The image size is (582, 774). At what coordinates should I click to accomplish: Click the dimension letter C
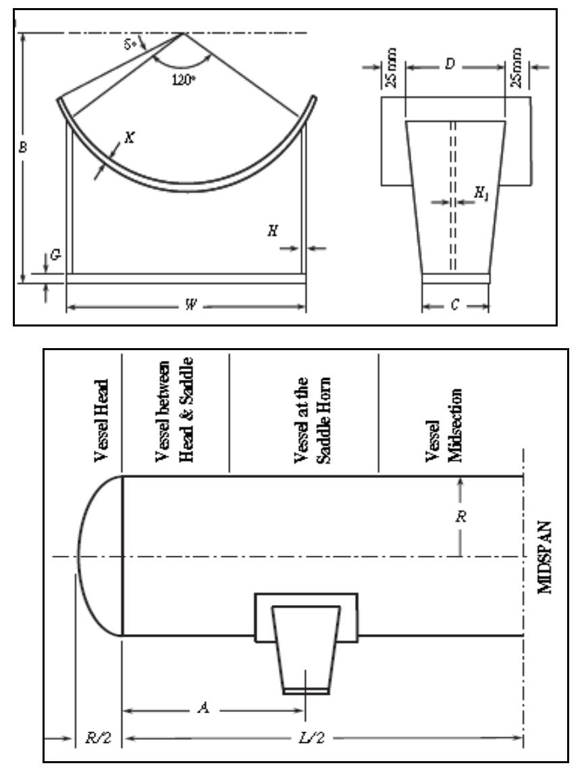455,306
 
